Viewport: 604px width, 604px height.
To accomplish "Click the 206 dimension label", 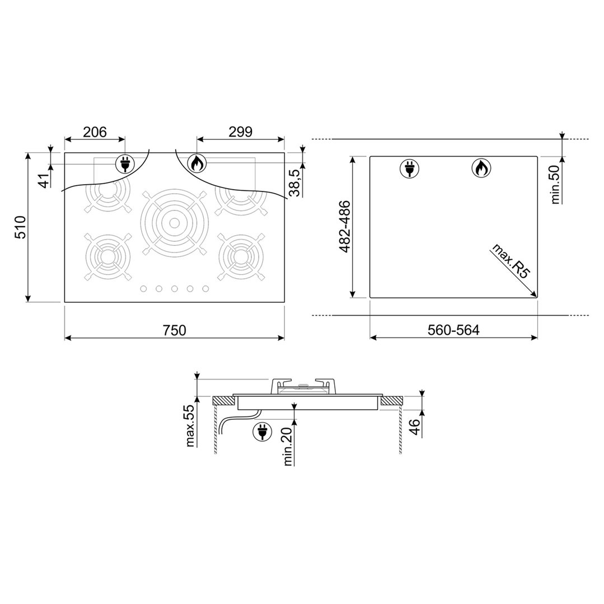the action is pyautogui.click(x=95, y=132).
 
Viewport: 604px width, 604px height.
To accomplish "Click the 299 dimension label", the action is pyautogui.click(x=240, y=132).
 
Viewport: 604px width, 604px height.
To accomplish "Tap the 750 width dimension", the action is pyautogui.click(x=175, y=330).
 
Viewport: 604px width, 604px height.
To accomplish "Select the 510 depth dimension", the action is pyautogui.click(x=20, y=227).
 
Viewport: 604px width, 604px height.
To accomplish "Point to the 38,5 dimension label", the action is pyautogui.click(x=294, y=182).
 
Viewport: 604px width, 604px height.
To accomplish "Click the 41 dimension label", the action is pyautogui.click(x=45, y=180).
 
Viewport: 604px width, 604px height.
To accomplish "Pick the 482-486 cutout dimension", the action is pyautogui.click(x=345, y=227).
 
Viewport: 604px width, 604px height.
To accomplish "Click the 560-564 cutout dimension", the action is pyautogui.click(x=453, y=330).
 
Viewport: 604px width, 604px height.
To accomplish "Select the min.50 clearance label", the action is pyautogui.click(x=555, y=184).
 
